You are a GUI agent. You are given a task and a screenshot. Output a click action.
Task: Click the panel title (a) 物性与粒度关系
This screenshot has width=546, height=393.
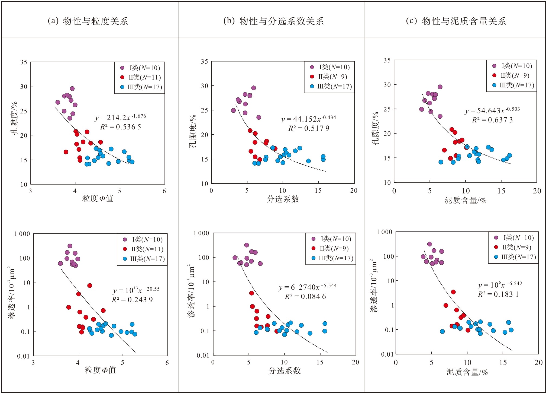point(88,21)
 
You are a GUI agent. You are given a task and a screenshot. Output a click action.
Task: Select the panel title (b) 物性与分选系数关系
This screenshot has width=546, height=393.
point(273,21)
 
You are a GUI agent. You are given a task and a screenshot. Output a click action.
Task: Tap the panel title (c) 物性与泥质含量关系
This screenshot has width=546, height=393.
point(456,21)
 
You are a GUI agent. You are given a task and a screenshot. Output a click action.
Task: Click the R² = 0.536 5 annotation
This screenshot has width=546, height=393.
point(120,127)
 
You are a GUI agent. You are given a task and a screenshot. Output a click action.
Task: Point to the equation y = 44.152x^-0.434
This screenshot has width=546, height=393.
point(308,119)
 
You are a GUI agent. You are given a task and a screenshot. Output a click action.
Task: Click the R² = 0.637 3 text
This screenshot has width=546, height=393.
point(492,120)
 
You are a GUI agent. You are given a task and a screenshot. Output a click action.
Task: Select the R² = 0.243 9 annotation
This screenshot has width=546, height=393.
point(132,300)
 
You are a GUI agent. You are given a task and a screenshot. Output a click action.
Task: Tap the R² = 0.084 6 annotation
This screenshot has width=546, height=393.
point(305,296)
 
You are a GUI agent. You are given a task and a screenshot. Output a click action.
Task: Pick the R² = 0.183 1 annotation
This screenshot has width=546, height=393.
point(498,294)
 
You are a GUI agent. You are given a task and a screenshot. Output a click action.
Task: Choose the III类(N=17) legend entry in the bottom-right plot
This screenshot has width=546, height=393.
point(515,257)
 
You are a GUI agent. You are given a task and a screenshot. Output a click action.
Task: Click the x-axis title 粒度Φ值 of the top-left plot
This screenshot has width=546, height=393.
point(98,198)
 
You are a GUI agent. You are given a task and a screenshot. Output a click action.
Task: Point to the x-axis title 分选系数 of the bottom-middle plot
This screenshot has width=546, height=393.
point(284,370)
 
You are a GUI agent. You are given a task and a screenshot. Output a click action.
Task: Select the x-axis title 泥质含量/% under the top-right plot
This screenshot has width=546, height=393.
point(465,200)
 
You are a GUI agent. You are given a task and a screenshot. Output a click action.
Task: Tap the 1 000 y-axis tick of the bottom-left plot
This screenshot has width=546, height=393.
point(22,234)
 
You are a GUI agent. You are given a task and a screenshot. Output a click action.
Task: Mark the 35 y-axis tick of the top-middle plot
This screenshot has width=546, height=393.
point(205,62)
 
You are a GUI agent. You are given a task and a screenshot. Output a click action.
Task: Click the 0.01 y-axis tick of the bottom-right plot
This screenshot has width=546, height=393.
point(387,354)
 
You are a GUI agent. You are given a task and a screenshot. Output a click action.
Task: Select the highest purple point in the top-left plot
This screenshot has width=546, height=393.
point(72,88)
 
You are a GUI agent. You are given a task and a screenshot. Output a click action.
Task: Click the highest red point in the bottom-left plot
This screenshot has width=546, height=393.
point(89,286)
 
